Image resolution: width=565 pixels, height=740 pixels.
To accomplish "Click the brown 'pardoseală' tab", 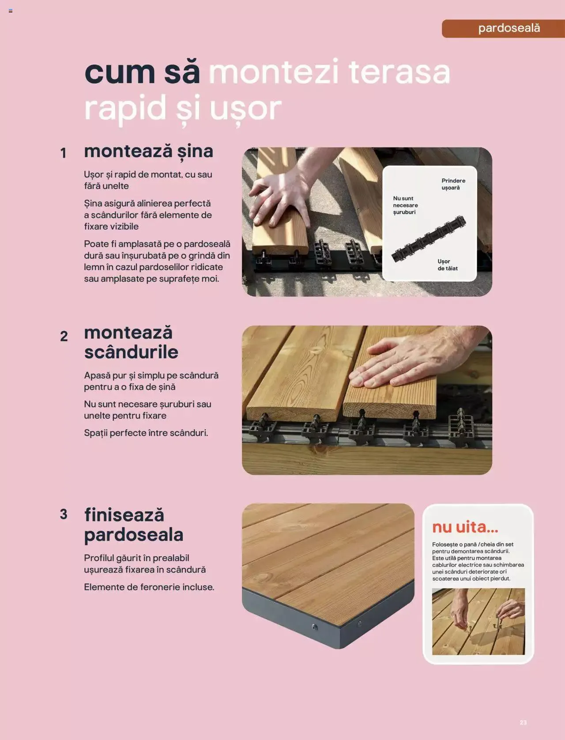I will (x=503, y=28).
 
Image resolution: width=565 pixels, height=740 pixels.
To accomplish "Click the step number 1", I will (x=64, y=153).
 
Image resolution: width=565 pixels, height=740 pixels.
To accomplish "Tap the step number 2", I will (x=64, y=336).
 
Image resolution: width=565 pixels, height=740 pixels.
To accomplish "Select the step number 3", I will (x=64, y=514).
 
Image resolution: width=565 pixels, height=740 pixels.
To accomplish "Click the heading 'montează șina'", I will (x=148, y=151).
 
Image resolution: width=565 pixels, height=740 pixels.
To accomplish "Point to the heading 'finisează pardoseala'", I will (x=133, y=525).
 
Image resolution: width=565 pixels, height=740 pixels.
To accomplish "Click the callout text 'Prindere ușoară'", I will (x=453, y=184).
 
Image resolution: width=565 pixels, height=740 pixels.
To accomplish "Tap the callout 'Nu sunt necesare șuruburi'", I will (x=405, y=205).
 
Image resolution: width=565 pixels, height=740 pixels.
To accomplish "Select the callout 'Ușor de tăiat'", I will (x=447, y=265).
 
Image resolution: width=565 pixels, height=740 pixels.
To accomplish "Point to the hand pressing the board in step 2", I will (x=397, y=362).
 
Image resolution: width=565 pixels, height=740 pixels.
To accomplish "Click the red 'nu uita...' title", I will (x=465, y=527).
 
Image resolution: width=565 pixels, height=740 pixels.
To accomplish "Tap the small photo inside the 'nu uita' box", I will (x=478, y=621).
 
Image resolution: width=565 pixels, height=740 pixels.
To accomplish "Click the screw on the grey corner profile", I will (x=314, y=627).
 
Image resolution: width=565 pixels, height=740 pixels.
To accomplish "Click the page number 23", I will (x=523, y=723).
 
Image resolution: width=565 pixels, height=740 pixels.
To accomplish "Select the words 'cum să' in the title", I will (x=142, y=72).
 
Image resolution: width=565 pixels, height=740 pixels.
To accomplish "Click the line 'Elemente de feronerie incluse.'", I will (x=149, y=587).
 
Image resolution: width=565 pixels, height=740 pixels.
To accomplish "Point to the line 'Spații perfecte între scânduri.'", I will (x=146, y=433).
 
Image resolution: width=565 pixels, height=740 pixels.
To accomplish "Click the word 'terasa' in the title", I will (x=399, y=72).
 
